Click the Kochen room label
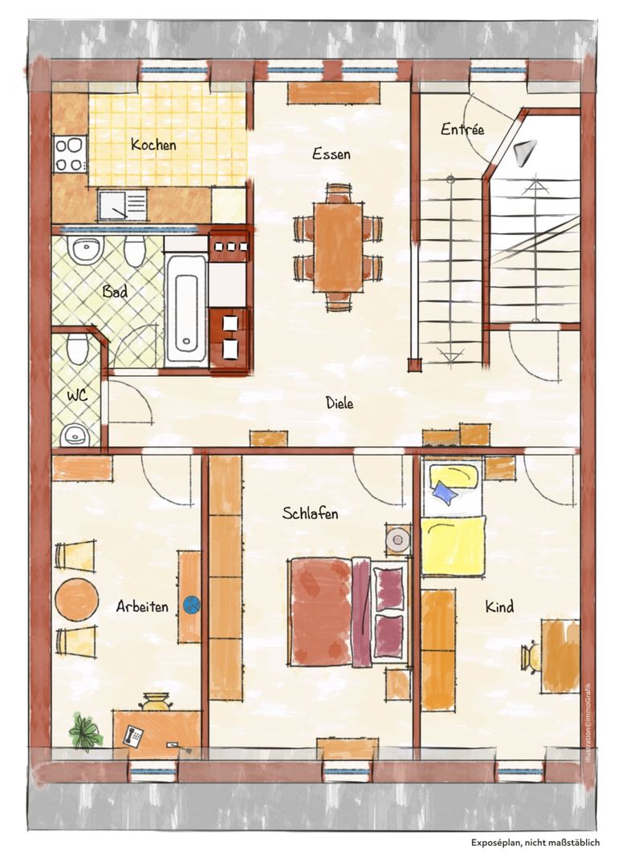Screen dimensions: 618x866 pyautogui.click(x=153, y=144)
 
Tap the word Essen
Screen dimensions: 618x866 pyautogui.click(x=331, y=153)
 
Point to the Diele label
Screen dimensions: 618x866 pyautogui.click(x=339, y=403)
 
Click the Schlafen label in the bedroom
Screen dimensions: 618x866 pyautogui.click(x=310, y=513)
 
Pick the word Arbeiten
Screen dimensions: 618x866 pyautogui.click(x=142, y=606)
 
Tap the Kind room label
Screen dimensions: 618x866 pyautogui.click(x=500, y=606)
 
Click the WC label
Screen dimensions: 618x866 pyautogui.click(x=77, y=396)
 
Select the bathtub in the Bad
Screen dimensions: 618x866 pyautogui.click(x=186, y=310)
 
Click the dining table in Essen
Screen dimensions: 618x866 pyautogui.click(x=339, y=247)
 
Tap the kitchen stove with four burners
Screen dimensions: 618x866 pyautogui.click(x=70, y=153)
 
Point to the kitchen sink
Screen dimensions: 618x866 pyautogui.click(x=122, y=204)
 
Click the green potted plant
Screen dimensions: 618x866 pyautogui.click(x=85, y=731)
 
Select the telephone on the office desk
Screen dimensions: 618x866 pyautogui.click(x=133, y=735)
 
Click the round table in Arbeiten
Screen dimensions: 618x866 pyautogui.click(x=77, y=599)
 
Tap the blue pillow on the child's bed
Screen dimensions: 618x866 pyautogui.click(x=445, y=491)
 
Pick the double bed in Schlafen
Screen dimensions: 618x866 pyautogui.click(x=349, y=611)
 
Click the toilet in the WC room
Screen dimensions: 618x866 pyautogui.click(x=77, y=349)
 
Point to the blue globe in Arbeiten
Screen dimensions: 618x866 pyautogui.click(x=191, y=605)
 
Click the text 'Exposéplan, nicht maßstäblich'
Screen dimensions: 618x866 pyautogui.click(x=535, y=842)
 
